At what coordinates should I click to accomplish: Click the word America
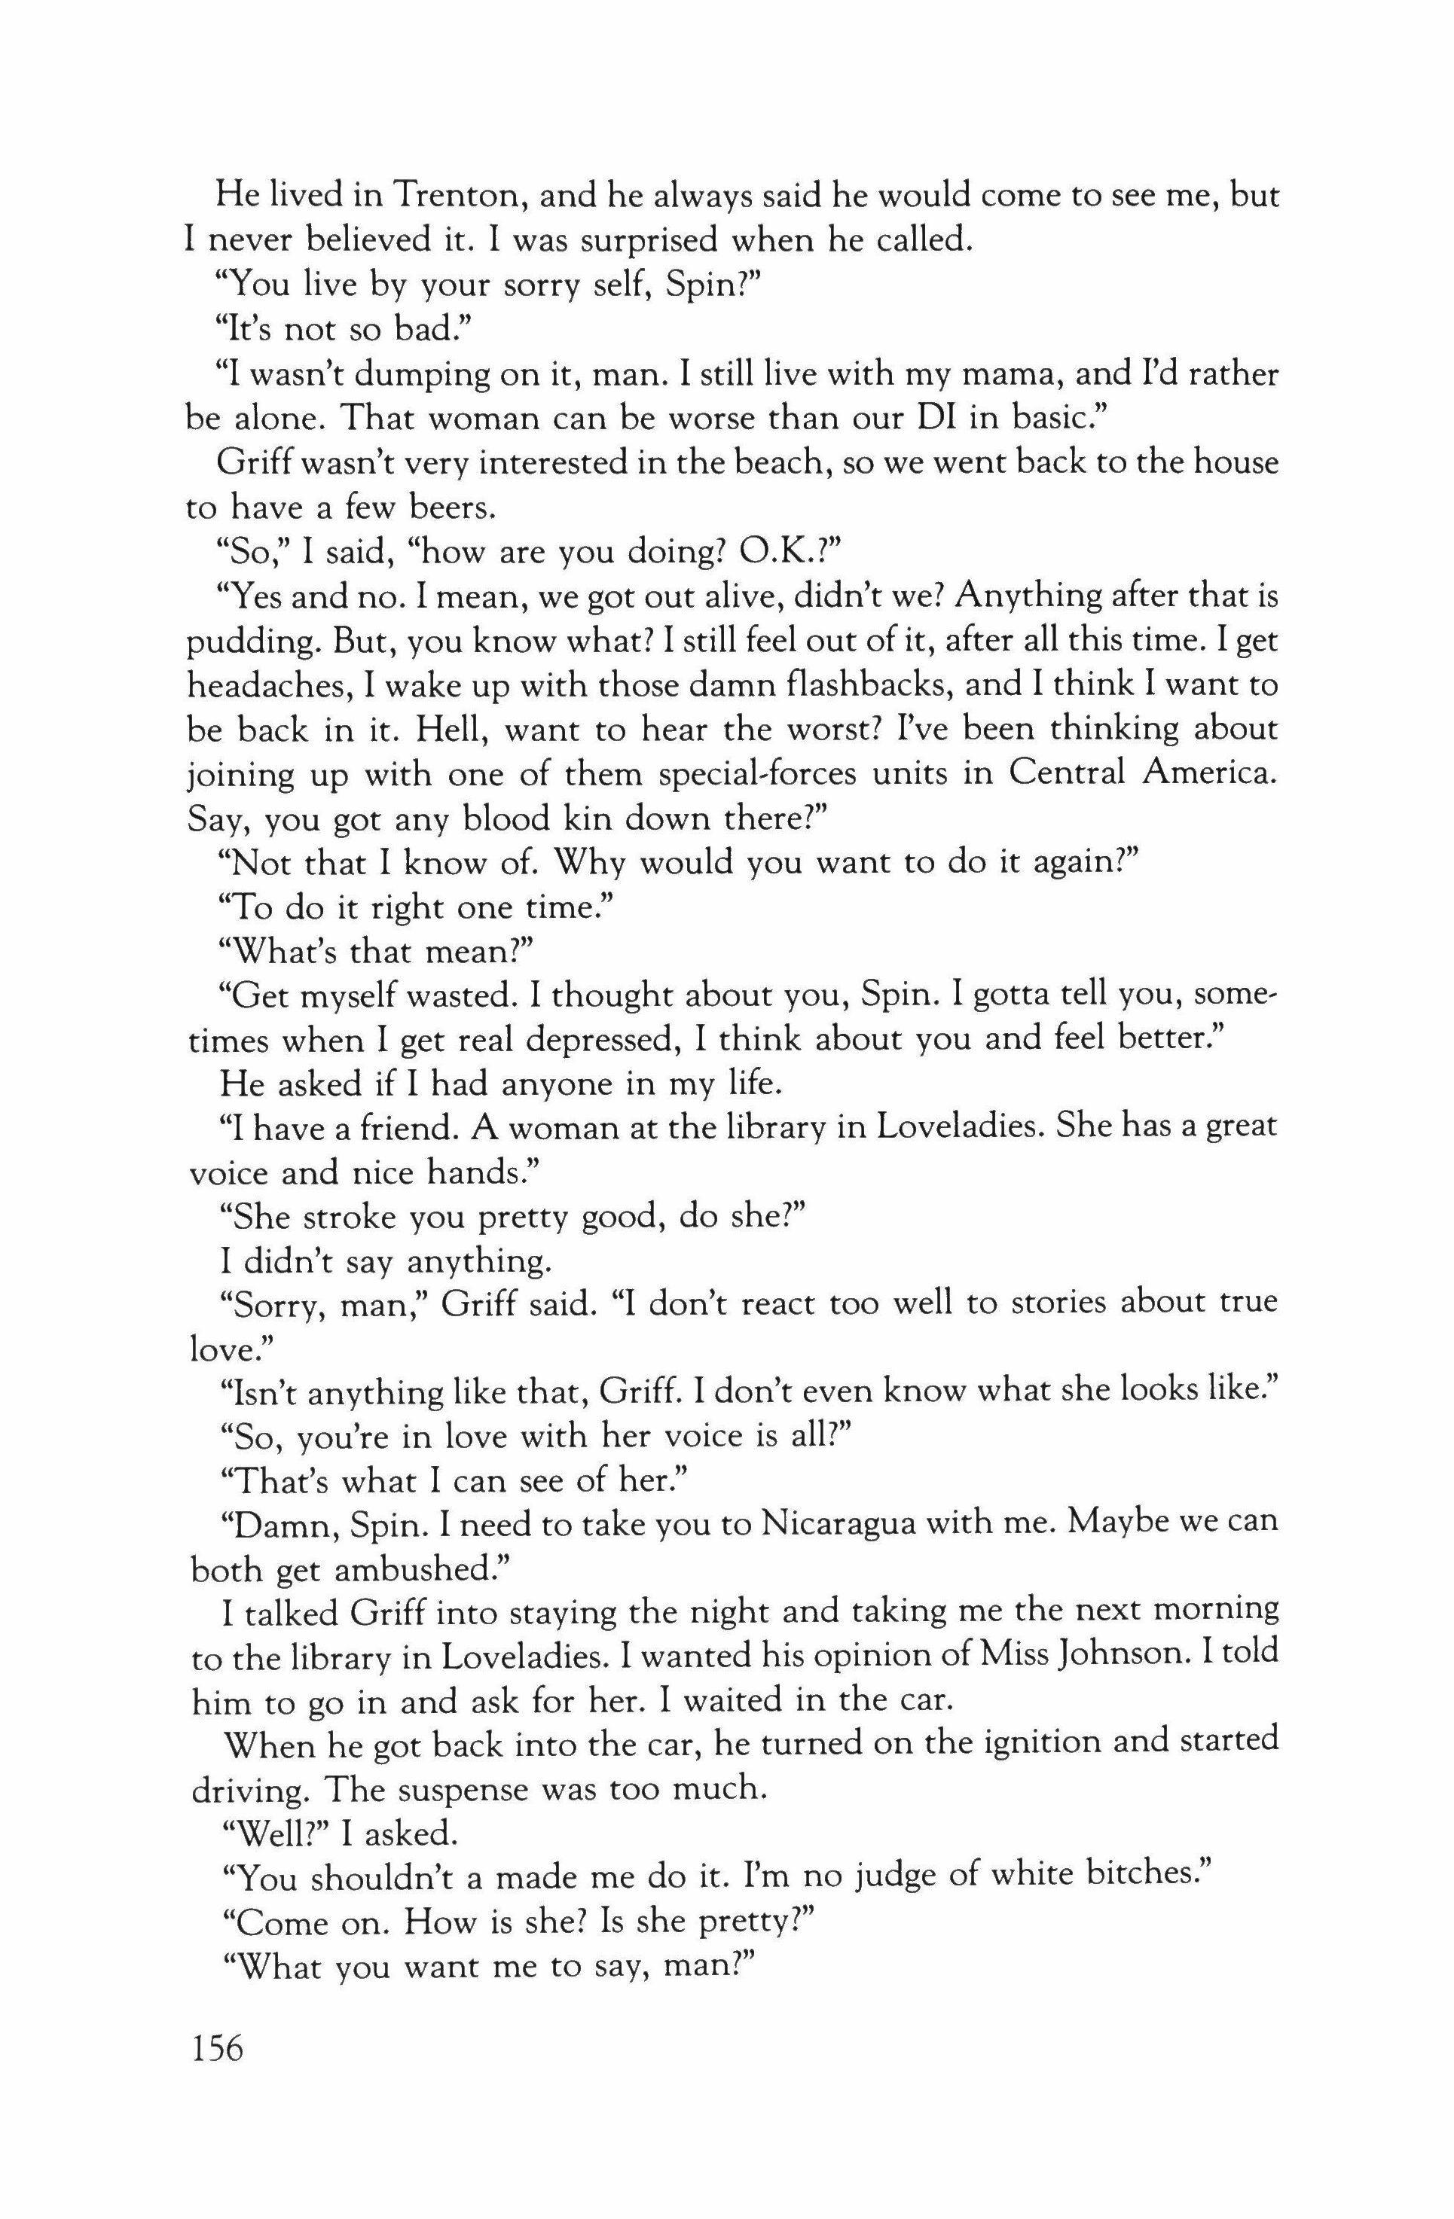1204,775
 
